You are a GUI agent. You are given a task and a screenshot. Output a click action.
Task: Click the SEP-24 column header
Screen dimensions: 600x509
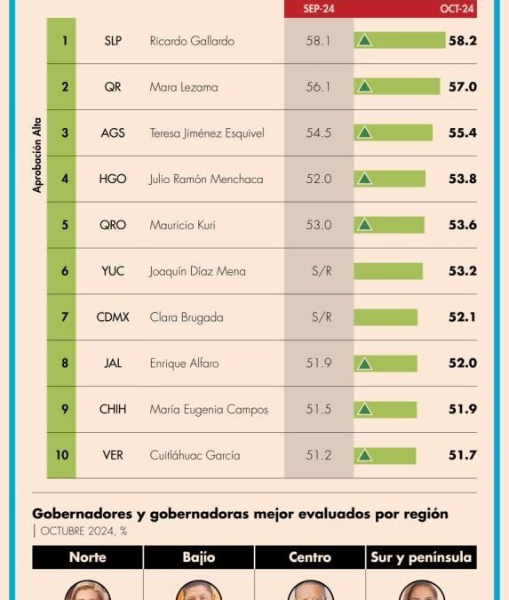(318, 9)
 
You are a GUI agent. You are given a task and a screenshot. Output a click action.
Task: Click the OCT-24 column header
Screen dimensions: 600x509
(457, 9)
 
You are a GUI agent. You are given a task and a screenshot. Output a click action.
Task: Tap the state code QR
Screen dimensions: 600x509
(113, 87)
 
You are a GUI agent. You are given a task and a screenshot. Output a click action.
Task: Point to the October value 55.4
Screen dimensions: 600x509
(462, 132)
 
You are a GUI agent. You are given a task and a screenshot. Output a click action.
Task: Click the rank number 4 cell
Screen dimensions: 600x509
(65, 179)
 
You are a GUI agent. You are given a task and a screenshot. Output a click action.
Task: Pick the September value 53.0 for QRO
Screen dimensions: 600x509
(319, 225)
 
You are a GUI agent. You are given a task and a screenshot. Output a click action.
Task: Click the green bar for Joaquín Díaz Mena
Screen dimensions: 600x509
(388, 271)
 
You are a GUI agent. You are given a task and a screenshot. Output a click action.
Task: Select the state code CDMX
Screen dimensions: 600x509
(113, 317)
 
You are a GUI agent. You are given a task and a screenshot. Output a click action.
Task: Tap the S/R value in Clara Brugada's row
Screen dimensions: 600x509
(319, 317)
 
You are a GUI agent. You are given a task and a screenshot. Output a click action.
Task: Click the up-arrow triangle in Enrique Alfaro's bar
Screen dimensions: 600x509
(364, 364)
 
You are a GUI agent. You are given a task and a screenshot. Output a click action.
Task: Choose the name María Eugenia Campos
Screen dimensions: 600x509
(209, 410)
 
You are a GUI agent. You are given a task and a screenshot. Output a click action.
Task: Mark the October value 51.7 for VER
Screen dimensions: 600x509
(462, 455)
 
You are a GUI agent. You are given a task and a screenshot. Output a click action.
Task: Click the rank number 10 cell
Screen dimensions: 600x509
(62, 455)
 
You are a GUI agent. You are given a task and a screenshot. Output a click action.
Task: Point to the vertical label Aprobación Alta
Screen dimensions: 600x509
(37, 156)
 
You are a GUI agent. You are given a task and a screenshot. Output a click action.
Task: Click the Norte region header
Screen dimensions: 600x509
(87, 557)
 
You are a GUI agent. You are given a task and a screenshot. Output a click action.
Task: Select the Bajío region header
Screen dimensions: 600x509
(198, 557)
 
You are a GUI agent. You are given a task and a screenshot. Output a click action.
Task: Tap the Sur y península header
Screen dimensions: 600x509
(421, 557)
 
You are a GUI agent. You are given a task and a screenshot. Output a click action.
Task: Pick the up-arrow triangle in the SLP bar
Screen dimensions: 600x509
(364, 41)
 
